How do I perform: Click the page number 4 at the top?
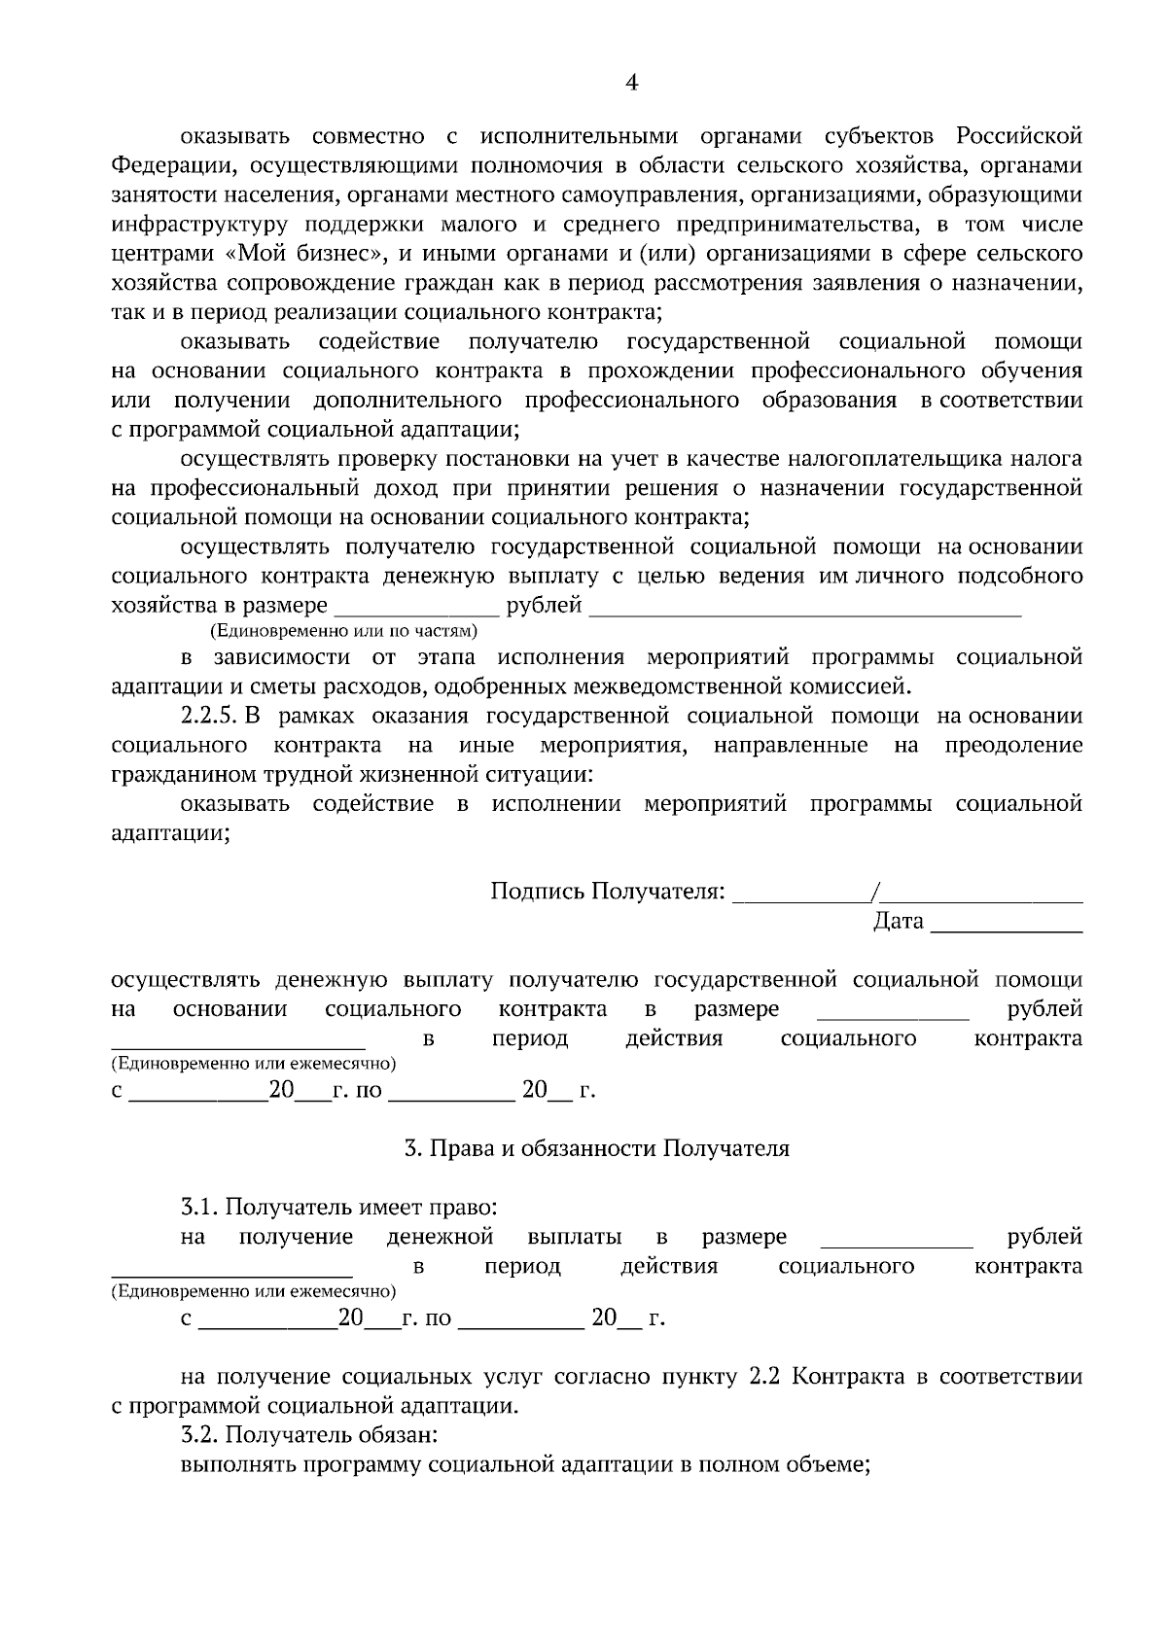coord(631,84)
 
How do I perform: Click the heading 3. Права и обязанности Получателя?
coord(596,1148)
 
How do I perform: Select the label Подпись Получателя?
coord(608,891)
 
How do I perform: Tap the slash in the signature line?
coord(876,891)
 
